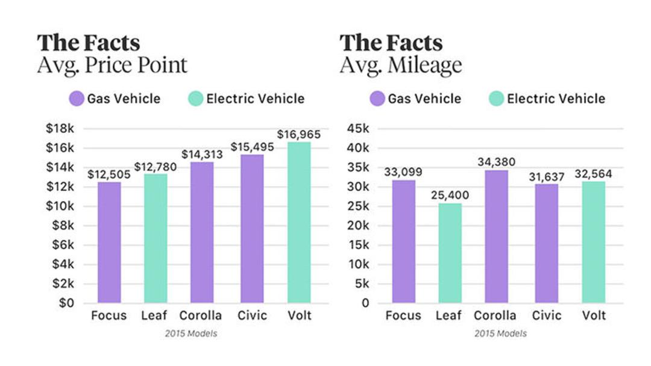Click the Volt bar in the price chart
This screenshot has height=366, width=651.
(299, 223)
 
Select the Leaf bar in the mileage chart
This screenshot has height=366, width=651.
(450, 253)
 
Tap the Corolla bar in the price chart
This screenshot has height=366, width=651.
(202, 232)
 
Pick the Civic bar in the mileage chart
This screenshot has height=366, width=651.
(546, 243)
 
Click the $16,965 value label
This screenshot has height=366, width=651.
(299, 134)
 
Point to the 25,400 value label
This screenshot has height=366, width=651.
(450, 195)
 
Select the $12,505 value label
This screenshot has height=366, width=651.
(109, 175)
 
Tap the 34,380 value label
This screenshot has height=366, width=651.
(497, 162)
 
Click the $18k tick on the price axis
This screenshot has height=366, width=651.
(60, 128)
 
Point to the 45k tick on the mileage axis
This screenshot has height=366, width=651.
(358, 128)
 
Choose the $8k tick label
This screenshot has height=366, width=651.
(63, 226)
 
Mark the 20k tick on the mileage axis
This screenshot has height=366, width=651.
(358, 226)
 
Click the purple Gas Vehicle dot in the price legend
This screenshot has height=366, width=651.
(77, 99)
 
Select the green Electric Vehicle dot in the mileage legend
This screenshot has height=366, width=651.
(496, 99)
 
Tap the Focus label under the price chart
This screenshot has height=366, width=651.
(108, 315)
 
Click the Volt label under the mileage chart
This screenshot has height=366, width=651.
(594, 315)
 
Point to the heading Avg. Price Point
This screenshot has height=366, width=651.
(112, 65)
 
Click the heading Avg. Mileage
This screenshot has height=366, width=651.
(401, 66)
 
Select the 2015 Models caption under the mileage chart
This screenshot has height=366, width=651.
(501, 333)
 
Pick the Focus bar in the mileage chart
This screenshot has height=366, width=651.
(403, 241)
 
